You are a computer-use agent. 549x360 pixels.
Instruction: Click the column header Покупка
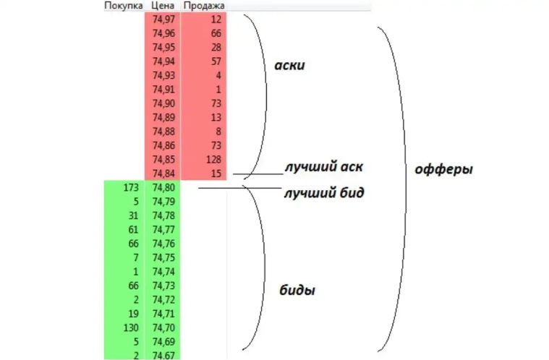[x=123, y=6]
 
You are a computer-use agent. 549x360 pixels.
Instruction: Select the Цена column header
[x=163, y=6]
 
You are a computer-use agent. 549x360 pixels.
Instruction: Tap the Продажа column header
[x=204, y=6]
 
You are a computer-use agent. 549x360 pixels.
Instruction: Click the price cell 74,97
[x=163, y=20]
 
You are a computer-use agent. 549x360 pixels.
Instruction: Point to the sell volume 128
[x=213, y=160]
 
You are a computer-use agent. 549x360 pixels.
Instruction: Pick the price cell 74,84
[x=163, y=173]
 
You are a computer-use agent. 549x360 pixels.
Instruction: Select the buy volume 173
[x=131, y=187]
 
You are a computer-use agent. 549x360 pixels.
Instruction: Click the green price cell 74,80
[x=163, y=187]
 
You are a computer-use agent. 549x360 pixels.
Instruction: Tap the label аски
[x=289, y=66]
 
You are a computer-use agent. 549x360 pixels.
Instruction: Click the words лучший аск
[x=324, y=167]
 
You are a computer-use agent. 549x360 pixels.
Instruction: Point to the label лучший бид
[x=324, y=192]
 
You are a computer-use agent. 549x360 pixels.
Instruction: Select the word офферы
[x=443, y=169]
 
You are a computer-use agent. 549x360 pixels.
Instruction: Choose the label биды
[x=297, y=290]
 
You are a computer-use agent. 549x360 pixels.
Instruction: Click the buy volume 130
[x=131, y=327]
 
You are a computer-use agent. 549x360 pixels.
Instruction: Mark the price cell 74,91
[x=163, y=90]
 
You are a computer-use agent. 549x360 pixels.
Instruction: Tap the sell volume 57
[x=216, y=61]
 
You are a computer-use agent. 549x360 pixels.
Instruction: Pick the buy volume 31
[x=133, y=215]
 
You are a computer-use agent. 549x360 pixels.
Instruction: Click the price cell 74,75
[x=163, y=258]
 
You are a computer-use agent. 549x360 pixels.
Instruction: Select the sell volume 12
[x=216, y=20]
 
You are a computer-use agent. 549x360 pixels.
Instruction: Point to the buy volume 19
[x=133, y=314]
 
